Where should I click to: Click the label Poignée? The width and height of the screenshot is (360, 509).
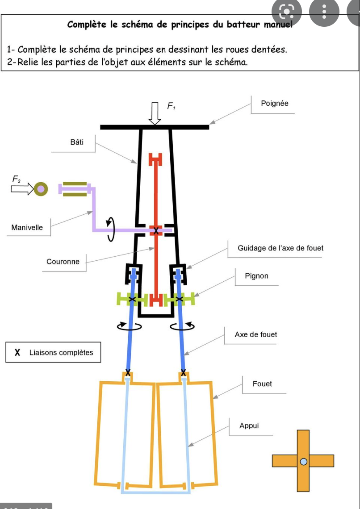pos(274,104)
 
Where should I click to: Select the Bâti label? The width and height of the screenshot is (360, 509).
pos(77,142)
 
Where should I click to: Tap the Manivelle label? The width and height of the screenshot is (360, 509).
pos(27,228)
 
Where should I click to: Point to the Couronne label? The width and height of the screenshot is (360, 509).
pos(63,262)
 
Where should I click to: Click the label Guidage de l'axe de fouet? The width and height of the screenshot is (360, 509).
pos(280,248)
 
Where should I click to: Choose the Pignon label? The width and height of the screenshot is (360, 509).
pos(256,276)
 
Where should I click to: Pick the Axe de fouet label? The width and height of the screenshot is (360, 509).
pos(255,334)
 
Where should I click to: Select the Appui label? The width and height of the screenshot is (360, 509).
pos(249,426)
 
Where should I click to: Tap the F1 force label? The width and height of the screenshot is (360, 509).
pos(171,106)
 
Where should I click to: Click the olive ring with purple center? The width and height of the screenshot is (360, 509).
pos(41,189)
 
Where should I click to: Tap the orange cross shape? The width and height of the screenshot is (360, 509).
pos(303,461)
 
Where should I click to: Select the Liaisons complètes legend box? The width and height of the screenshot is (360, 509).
pos(53,352)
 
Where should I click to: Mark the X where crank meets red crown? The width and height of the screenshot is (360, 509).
pos(156,230)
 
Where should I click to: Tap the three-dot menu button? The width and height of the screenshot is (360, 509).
pos(325,11)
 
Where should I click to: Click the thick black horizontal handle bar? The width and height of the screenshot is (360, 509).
pos(155,127)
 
